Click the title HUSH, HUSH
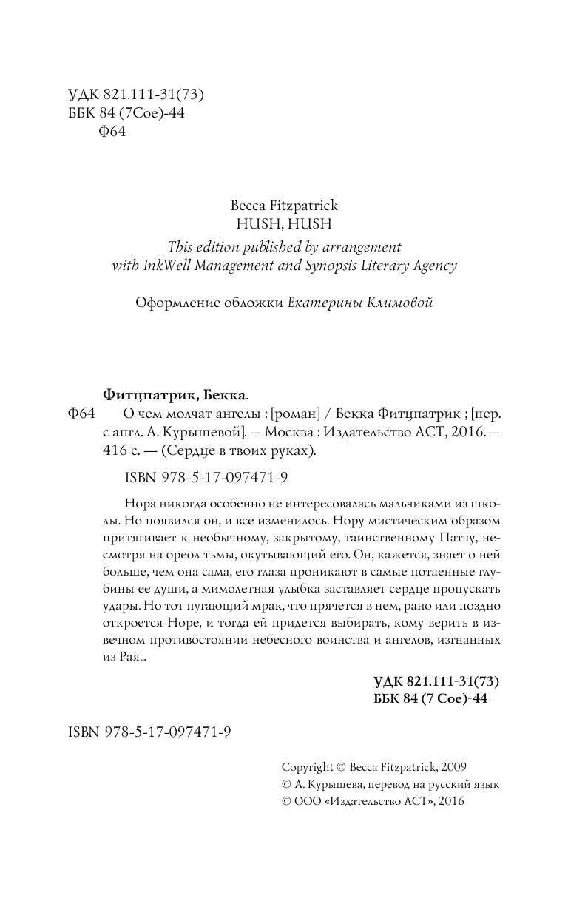[x=284, y=222]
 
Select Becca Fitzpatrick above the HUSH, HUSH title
[x=284, y=205]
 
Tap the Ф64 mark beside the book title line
[x=81, y=413]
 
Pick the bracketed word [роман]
[x=297, y=413]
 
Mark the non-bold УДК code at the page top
[x=135, y=95]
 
